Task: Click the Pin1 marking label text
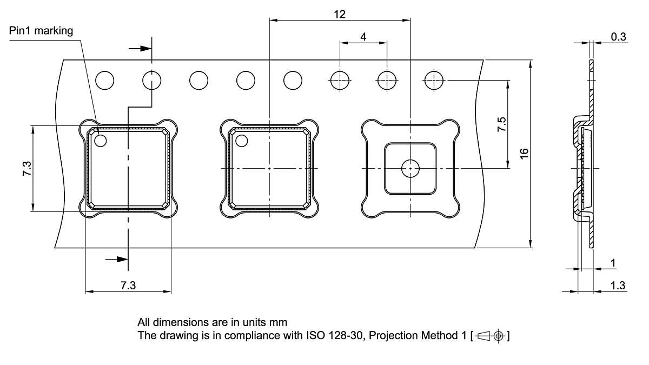click(41, 31)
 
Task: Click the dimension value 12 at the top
click(340, 15)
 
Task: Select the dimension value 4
click(363, 37)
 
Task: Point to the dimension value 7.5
click(502, 125)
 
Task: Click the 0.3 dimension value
click(618, 37)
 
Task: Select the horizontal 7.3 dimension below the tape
click(128, 286)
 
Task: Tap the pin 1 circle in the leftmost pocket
click(101, 141)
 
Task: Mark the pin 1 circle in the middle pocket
click(241, 141)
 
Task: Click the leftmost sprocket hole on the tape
click(105, 81)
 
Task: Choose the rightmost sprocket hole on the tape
click(434, 81)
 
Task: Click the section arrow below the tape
click(117, 260)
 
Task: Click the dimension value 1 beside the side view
click(613, 263)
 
